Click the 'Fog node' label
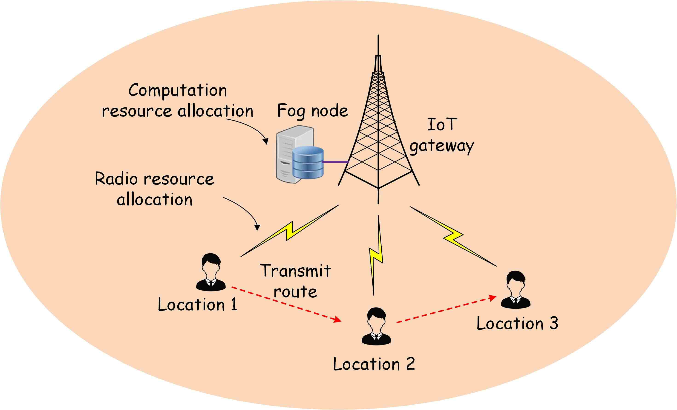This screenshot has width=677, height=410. (x=313, y=111)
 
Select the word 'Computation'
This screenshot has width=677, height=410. (x=178, y=90)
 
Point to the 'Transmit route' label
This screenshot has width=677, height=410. (x=295, y=281)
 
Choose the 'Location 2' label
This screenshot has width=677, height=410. (x=374, y=364)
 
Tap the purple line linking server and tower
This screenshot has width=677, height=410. (x=335, y=162)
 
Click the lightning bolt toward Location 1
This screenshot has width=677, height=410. (x=289, y=231)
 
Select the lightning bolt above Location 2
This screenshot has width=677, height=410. (x=376, y=255)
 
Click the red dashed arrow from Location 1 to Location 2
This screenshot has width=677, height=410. (x=286, y=304)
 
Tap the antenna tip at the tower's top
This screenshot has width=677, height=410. (x=378, y=37)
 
